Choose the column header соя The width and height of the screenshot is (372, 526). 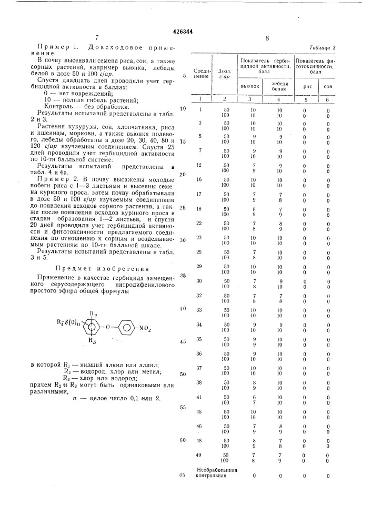(328, 86)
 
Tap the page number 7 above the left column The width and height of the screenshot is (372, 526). (97, 38)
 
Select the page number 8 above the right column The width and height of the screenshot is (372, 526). (267, 38)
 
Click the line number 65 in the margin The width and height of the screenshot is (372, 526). (182, 475)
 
